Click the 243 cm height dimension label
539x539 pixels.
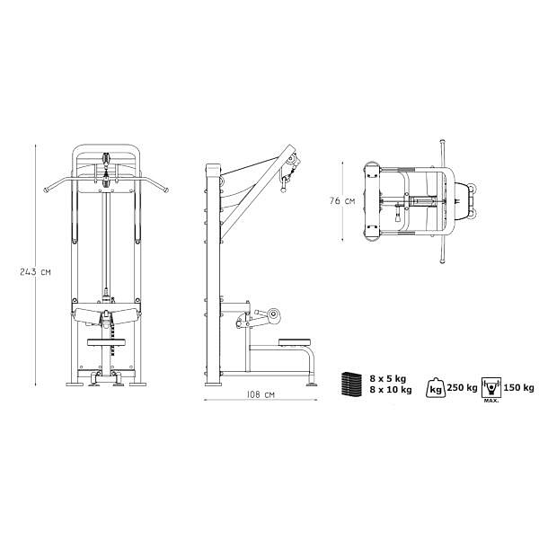[x=35, y=272]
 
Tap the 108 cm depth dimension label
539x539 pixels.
[x=261, y=394]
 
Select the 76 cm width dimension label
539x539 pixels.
[x=342, y=201]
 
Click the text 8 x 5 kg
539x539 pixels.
[x=388, y=379]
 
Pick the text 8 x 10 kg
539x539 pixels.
[x=391, y=390]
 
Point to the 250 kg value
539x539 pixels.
[x=463, y=388]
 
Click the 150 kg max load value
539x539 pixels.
[x=518, y=388]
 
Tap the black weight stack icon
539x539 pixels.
[x=351, y=384]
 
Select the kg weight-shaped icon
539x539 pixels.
[x=436, y=388]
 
